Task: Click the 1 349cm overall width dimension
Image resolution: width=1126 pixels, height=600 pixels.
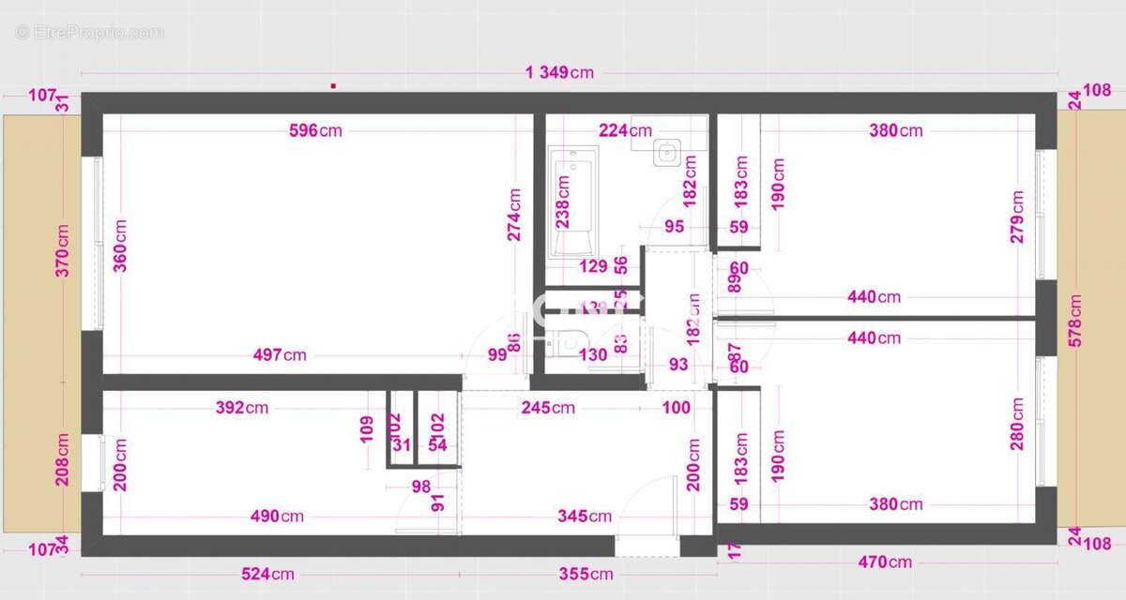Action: tap(559, 73)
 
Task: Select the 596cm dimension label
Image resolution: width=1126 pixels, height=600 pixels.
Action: tap(315, 130)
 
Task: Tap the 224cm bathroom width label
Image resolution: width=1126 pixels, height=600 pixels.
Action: tap(625, 130)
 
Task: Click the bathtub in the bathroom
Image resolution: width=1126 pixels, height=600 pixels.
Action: tap(572, 202)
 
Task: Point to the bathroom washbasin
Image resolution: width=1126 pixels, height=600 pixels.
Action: tap(668, 151)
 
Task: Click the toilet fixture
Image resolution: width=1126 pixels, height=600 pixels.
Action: tap(569, 343)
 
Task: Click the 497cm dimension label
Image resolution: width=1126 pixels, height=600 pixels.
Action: tap(280, 355)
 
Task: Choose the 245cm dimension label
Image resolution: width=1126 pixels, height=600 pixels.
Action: tap(549, 408)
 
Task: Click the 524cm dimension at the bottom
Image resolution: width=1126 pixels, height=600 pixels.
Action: tap(268, 574)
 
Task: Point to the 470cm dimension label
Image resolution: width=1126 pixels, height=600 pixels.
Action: tap(885, 562)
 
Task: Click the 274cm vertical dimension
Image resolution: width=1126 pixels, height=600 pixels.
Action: tap(515, 216)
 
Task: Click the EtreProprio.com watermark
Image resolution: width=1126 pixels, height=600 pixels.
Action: tap(89, 32)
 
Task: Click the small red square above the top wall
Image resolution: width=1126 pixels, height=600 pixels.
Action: tap(333, 85)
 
